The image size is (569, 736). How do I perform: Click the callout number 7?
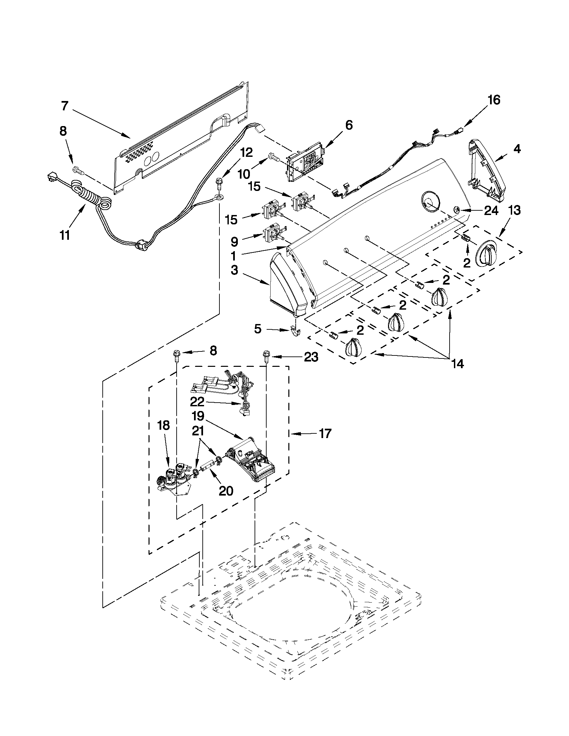tap(65, 106)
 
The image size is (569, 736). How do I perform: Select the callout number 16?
tap(494, 100)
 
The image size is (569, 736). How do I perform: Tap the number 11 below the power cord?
tap(65, 235)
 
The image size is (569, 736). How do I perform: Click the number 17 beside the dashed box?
tap(325, 433)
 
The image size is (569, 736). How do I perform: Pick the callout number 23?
tap(311, 357)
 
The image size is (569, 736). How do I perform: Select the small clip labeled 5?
tap(294, 332)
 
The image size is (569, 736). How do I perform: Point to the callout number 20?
tap(226, 491)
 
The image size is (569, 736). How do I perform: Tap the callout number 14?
tap(456, 363)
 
